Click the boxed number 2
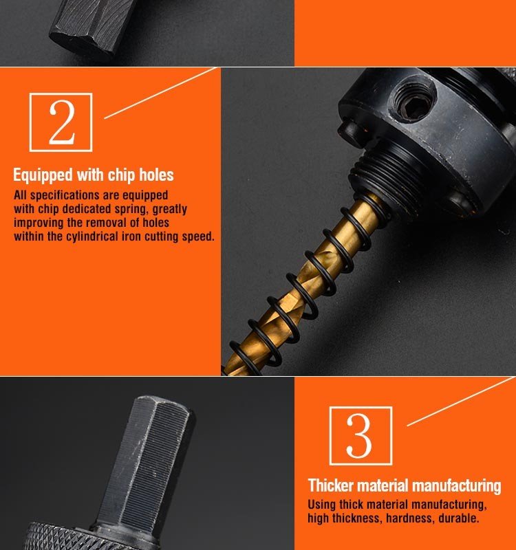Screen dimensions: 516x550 [61, 122]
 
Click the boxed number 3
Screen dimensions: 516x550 [360, 436]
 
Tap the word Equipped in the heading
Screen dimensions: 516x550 [43, 175]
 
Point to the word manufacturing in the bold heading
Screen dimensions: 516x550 [456, 487]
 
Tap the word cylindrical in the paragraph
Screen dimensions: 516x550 [92, 236]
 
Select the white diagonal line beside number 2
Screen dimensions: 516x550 [161, 93]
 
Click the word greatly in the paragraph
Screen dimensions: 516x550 [169, 210]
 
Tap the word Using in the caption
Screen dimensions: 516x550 [321, 505]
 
